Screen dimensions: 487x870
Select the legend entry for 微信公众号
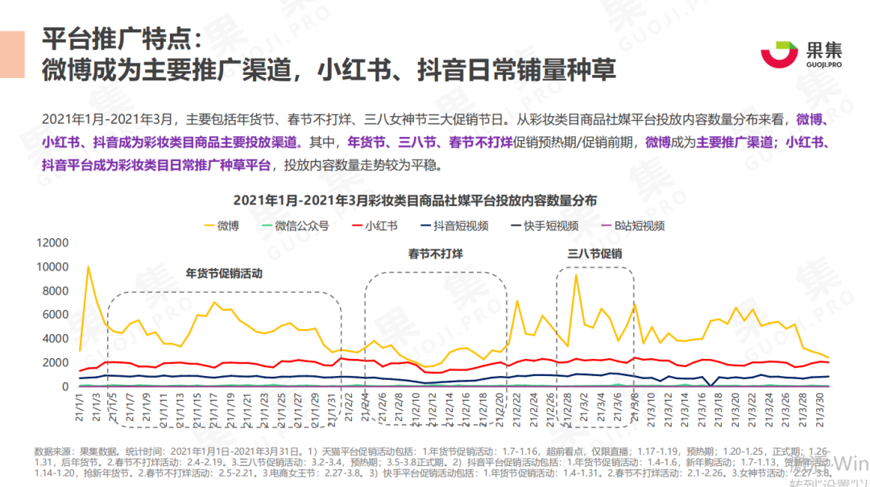pos(301,225)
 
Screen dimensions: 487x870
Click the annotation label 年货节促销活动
pos(225,273)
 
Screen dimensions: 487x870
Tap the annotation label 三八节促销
pos(594,254)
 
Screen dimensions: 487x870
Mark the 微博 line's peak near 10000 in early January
pos(88,267)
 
